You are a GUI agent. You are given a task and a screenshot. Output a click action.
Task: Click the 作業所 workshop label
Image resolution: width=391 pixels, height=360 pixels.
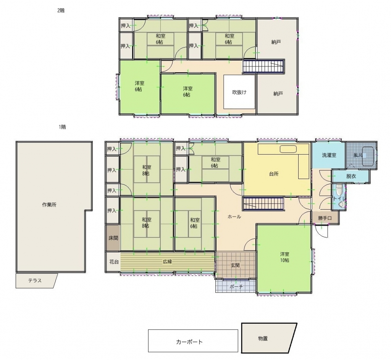[49, 205]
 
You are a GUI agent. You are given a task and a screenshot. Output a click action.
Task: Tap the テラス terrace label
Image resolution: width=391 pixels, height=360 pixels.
[35, 281]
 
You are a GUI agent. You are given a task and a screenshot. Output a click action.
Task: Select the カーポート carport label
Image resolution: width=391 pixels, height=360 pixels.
[189, 342]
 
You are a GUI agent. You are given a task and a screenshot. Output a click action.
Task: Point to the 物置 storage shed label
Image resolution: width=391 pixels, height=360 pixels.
[263, 338]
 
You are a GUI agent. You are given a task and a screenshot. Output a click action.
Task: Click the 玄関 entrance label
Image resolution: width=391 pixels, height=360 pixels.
[235, 265]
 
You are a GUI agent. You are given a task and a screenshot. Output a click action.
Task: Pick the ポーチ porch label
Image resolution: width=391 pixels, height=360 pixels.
[236, 287]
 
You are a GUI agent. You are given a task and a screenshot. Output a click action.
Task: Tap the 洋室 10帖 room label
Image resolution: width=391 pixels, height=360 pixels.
[284, 257]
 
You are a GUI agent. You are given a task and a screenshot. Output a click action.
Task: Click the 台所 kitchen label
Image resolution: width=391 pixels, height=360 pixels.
[274, 174]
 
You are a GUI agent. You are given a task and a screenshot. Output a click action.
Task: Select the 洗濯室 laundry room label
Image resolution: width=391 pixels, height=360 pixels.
[329, 155]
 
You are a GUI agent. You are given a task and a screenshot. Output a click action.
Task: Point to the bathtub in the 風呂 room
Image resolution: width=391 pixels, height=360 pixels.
[368, 156]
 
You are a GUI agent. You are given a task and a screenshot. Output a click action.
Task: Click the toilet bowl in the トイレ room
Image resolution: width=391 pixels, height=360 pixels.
[339, 190]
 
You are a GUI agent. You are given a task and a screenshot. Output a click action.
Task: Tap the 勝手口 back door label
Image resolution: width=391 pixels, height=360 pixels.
[325, 218]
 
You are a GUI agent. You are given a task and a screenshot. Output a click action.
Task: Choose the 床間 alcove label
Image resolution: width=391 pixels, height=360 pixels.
[113, 238]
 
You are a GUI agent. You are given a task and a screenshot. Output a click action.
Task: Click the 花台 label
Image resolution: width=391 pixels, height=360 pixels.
[114, 262]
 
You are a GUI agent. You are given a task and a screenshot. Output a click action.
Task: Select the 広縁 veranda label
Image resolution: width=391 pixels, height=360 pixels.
[168, 262]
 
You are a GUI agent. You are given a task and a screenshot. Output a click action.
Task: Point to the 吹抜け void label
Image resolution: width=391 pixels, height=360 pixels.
[239, 92]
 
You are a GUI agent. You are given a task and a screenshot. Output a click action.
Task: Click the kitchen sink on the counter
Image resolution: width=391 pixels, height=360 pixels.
[288, 149]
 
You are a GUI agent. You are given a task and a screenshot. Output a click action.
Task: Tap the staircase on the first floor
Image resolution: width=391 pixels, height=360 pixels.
[263, 203]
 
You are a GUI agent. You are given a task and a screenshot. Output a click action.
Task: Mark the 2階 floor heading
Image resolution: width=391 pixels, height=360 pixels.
[61, 10]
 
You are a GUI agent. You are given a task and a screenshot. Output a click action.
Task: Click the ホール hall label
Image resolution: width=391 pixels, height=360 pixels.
[234, 217]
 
